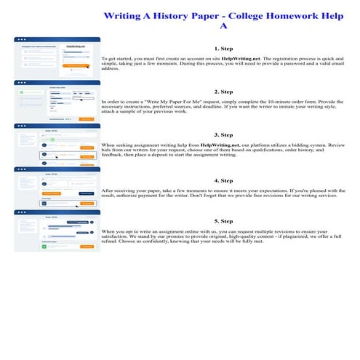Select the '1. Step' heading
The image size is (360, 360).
pos(223,49)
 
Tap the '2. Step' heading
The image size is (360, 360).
pos(223,92)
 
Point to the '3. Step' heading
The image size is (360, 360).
pos(223,135)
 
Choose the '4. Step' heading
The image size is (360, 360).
pos(223,179)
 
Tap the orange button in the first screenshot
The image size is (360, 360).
pos(72,65)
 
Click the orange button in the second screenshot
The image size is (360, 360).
pos(86,118)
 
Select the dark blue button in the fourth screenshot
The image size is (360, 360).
pos(86,193)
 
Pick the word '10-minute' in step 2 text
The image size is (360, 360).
pos(281,101)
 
